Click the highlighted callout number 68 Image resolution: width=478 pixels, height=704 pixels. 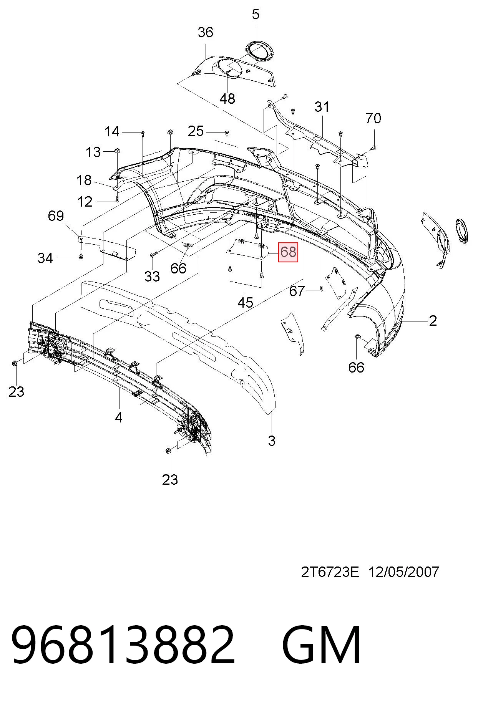click(x=288, y=252)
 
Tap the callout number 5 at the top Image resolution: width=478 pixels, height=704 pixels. click(x=256, y=15)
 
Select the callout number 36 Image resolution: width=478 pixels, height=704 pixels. click(x=205, y=32)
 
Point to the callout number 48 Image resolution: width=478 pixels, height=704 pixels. click(x=227, y=99)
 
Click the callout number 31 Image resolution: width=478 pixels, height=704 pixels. click(x=322, y=107)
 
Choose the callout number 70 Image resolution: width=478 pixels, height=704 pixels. click(x=373, y=118)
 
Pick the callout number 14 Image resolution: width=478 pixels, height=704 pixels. click(x=112, y=132)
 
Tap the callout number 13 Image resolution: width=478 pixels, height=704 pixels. click(x=93, y=152)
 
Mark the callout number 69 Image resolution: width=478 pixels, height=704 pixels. click(x=56, y=216)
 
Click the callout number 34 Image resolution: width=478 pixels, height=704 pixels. click(x=45, y=258)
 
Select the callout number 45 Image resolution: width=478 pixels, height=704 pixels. click(x=245, y=303)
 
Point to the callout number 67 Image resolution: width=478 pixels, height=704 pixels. click(x=297, y=291)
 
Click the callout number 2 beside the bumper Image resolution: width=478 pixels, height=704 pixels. click(x=433, y=321)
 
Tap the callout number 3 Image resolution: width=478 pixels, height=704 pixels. click(x=272, y=441)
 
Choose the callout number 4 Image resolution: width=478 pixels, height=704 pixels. click(x=118, y=417)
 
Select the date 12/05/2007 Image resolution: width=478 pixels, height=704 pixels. click(x=404, y=572)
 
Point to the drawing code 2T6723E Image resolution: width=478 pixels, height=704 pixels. click(x=330, y=572)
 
